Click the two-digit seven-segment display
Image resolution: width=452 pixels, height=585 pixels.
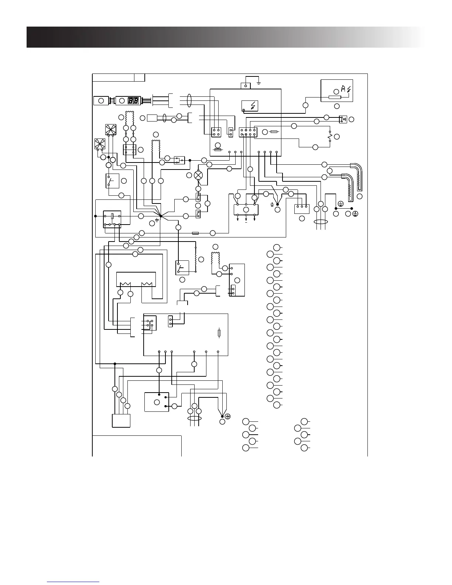tap(133, 100)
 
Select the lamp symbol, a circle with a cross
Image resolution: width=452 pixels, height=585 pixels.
tap(199, 175)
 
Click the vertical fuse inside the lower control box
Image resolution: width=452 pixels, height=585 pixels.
tap(219, 333)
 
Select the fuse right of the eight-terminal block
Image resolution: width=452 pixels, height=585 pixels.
tap(274, 132)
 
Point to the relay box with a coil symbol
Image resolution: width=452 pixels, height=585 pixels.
tap(112, 219)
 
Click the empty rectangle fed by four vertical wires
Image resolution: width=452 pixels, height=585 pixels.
tap(121, 420)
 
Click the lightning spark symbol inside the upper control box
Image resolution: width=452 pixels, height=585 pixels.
tap(250, 106)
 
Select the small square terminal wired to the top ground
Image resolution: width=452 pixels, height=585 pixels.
tap(246, 86)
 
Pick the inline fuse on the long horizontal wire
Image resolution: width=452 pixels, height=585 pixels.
tap(196, 233)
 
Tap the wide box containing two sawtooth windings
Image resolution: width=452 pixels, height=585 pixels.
tap(136, 279)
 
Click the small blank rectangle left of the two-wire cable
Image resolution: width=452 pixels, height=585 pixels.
tap(152, 118)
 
